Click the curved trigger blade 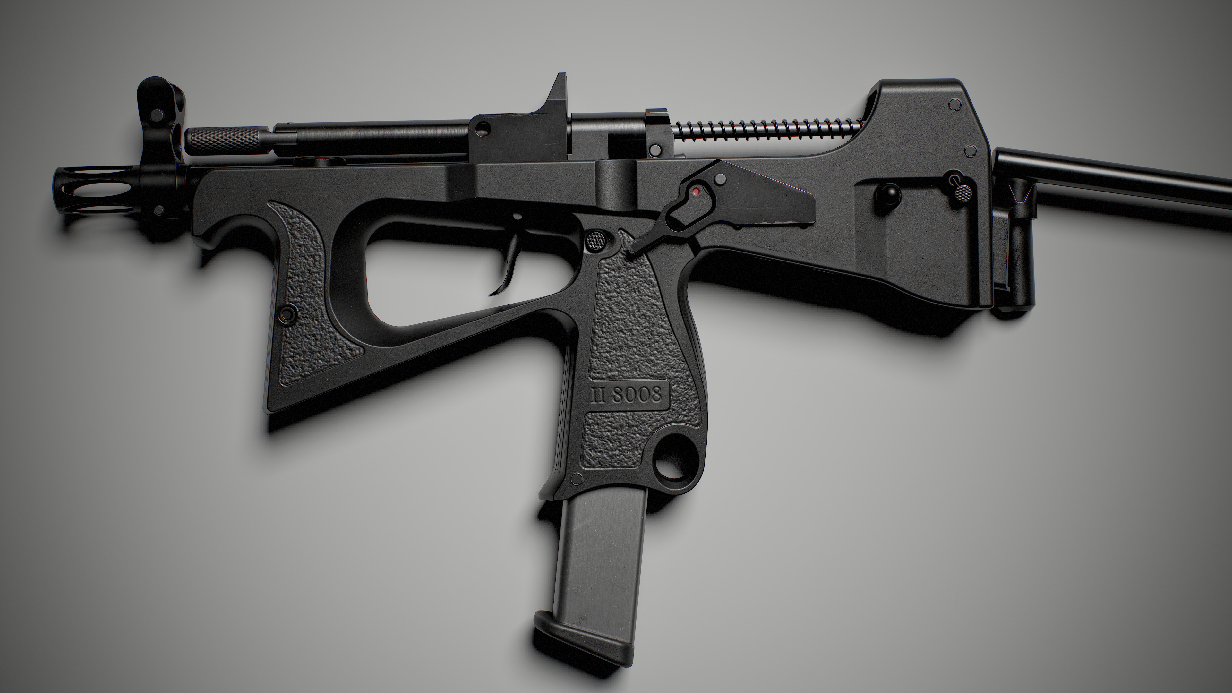508,268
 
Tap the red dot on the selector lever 696,191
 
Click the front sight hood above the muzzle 158,110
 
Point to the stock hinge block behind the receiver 1016,249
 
